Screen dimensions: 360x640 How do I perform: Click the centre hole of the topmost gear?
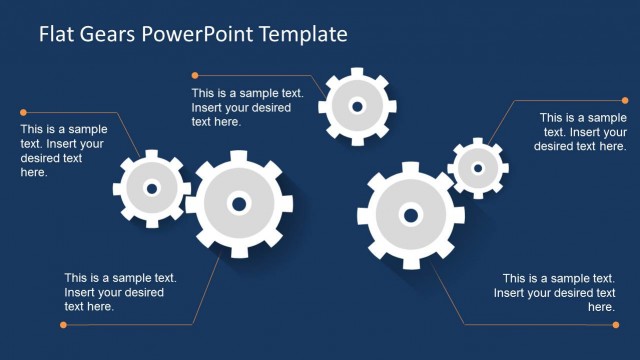(x=355, y=104)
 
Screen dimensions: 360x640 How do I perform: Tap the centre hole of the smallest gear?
(x=478, y=168)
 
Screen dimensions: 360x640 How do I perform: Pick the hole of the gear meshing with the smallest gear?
(x=410, y=214)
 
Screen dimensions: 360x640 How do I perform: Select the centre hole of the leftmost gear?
(x=152, y=187)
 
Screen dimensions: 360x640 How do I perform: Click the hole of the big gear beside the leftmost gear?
(x=238, y=204)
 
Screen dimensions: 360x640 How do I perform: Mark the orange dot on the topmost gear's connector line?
(x=195, y=74)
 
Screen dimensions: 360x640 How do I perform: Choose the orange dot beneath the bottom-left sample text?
(x=65, y=324)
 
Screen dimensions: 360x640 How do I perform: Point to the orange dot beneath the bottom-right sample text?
(x=610, y=324)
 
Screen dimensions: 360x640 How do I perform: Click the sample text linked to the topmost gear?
(x=233, y=107)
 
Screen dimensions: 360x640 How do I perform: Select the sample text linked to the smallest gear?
(x=581, y=132)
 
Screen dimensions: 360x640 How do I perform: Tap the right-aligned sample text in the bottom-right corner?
(x=556, y=293)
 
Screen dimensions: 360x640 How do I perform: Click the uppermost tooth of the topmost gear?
(x=355, y=73)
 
